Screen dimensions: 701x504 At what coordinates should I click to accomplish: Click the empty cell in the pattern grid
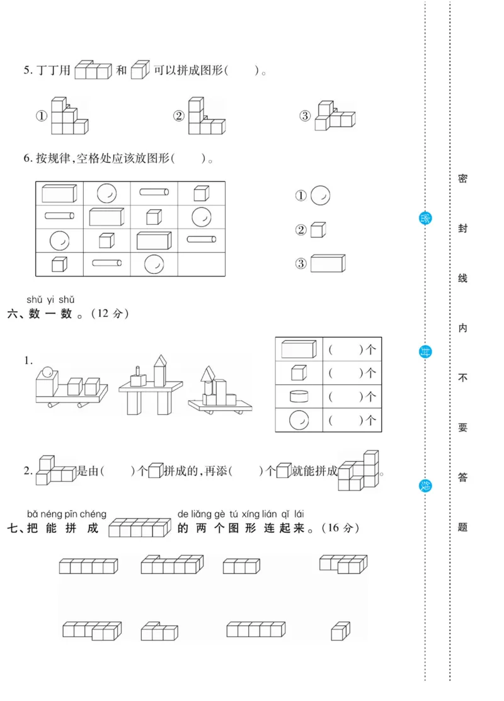click(201, 265)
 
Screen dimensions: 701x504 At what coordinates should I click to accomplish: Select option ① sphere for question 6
click(321, 196)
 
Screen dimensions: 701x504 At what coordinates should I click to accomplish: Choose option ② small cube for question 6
click(318, 230)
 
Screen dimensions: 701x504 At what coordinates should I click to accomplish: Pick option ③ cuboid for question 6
click(328, 263)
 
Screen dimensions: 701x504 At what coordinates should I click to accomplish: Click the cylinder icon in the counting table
click(299, 396)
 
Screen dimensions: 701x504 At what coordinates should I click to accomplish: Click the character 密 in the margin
click(462, 179)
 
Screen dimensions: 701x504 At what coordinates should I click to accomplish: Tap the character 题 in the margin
click(462, 527)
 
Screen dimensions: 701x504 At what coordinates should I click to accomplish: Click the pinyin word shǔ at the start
click(35, 300)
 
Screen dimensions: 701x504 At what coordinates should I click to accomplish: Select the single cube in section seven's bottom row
click(340, 630)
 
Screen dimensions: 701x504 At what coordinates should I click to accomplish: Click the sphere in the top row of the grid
click(106, 193)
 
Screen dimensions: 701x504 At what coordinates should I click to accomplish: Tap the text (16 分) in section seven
click(340, 528)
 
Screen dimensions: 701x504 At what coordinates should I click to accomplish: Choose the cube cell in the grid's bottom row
click(59, 265)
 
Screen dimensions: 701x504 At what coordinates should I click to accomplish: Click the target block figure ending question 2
click(358, 470)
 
